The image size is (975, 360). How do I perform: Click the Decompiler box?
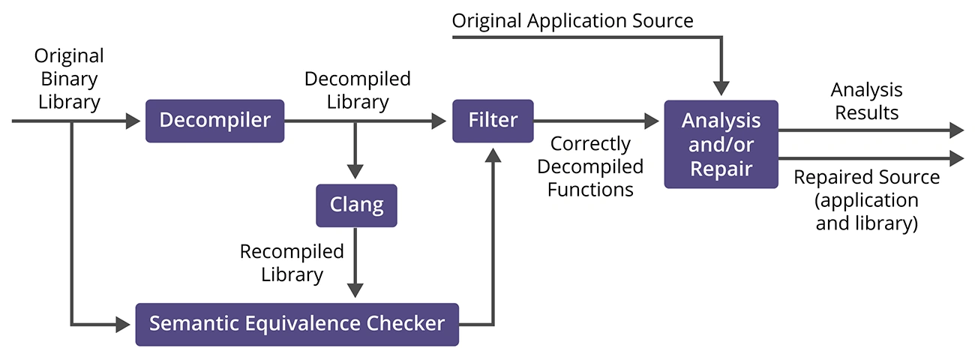(x=214, y=121)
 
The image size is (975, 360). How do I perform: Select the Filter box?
(x=493, y=121)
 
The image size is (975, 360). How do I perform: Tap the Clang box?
(x=356, y=205)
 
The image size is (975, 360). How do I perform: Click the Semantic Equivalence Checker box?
(x=297, y=324)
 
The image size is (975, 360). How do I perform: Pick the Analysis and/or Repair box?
(x=721, y=144)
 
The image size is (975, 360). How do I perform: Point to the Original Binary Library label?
(x=69, y=79)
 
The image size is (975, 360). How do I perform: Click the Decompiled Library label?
(x=357, y=90)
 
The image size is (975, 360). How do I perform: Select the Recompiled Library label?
(x=292, y=262)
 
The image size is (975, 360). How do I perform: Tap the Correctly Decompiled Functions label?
(x=589, y=166)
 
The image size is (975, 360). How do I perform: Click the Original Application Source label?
(x=573, y=20)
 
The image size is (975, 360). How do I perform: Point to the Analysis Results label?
(x=866, y=101)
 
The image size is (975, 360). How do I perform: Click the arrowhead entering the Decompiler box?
(x=138, y=121)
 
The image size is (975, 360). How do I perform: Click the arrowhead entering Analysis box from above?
(x=721, y=88)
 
